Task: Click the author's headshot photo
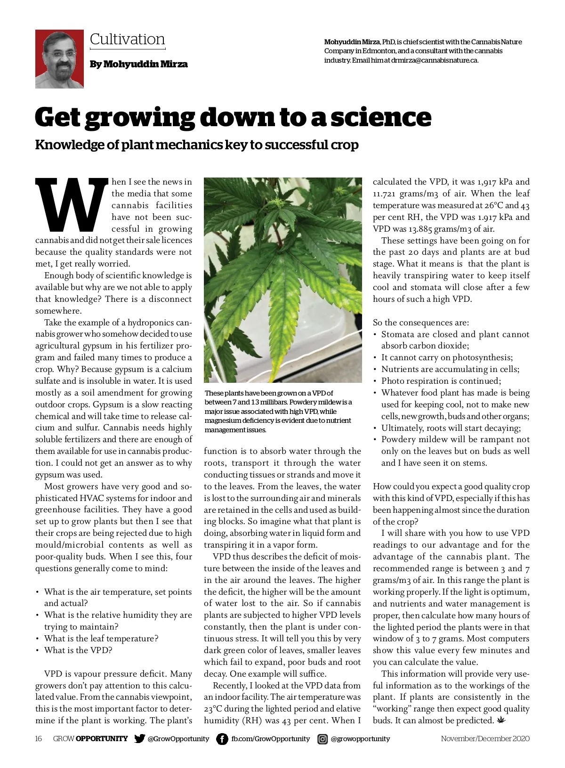[x=59, y=59]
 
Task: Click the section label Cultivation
[x=127, y=39]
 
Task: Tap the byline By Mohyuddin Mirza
[x=138, y=64]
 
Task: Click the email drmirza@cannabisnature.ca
[x=434, y=60]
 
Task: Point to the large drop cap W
[x=72, y=206]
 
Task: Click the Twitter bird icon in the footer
[x=139, y=738]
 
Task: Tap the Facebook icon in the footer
[x=222, y=739]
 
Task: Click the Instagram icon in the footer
[x=323, y=739]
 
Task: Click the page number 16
[x=39, y=738]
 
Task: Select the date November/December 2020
[x=485, y=738]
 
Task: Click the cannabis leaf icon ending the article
[x=500, y=720]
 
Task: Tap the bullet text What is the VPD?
[x=78, y=650]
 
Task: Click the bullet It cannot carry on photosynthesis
[x=447, y=357]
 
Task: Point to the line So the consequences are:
[x=420, y=323]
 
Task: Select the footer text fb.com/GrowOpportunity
[x=270, y=739]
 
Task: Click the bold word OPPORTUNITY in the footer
[x=101, y=738]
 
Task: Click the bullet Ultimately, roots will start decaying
[x=451, y=428]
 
